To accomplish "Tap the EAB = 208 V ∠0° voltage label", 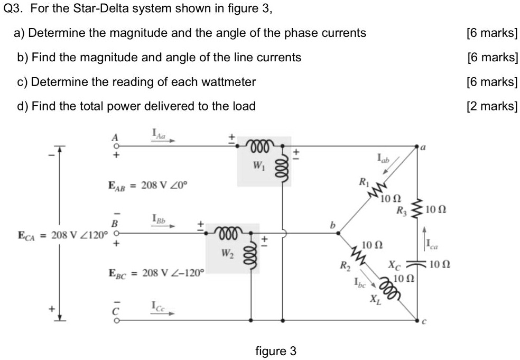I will tap(148, 186).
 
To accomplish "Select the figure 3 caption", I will tap(276, 351).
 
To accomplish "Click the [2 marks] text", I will tap(492, 106).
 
